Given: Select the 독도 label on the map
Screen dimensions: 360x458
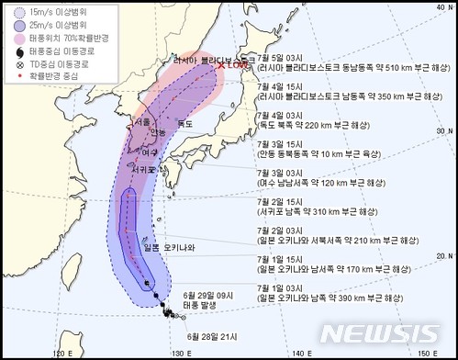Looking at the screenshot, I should [185, 123].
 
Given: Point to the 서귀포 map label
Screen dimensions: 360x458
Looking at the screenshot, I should [143, 167].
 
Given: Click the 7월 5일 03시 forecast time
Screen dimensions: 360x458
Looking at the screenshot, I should [283, 56].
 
